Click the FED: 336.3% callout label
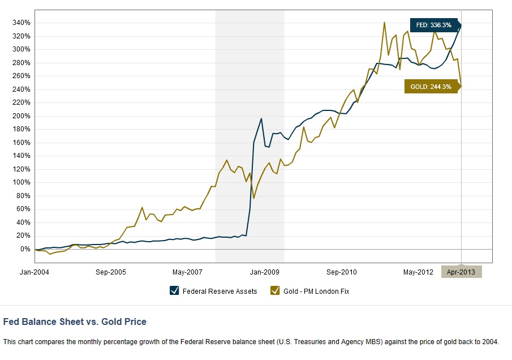click(433, 25)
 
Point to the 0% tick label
click(25, 249)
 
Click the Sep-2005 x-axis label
click(111, 272)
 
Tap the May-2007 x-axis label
click(188, 272)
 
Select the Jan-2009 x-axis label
click(264, 272)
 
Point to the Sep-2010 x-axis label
click(341, 272)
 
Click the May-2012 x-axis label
click(418, 272)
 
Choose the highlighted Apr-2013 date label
click(461, 272)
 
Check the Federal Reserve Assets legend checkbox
click(174, 291)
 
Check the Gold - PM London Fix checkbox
click(276, 291)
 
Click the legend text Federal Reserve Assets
click(221, 292)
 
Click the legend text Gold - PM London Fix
click(321, 292)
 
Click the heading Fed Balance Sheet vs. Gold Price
click(75, 322)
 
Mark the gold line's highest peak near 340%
click(385, 23)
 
